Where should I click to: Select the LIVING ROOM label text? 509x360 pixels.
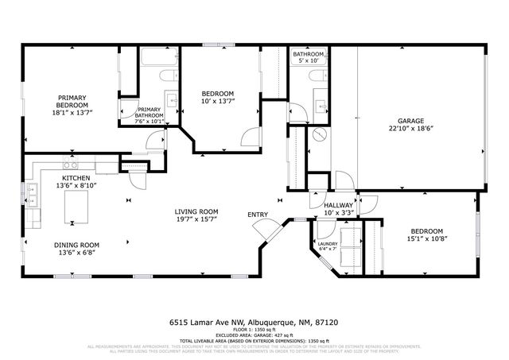[196, 211]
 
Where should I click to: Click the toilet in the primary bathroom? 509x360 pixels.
[165, 76]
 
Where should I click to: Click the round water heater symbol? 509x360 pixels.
[319, 135]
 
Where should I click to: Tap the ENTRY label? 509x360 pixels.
[257, 215]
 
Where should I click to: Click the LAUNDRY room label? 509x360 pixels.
[328, 244]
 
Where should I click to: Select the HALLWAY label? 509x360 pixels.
[338, 205]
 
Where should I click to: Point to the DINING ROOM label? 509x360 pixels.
[76, 245]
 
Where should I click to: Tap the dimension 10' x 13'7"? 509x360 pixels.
[216, 101]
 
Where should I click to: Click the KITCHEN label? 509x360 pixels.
[76, 178]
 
